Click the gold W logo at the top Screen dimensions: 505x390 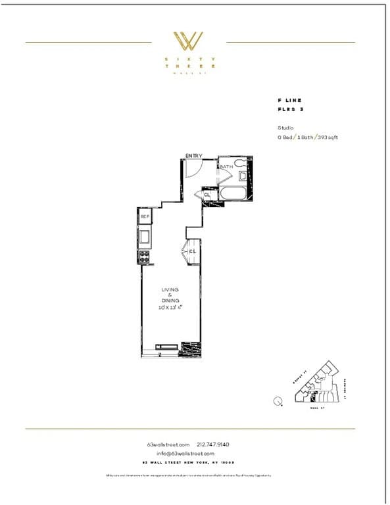click(189, 41)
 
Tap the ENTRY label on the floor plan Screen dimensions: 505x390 click(193, 156)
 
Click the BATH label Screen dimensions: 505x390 click(226, 167)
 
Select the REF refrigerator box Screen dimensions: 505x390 click(145, 216)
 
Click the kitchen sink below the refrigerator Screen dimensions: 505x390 click(145, 235)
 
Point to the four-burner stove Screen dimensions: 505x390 click(145, 256)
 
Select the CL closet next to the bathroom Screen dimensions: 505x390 click(207, 195)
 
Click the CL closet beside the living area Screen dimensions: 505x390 click(193, 251)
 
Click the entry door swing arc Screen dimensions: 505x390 click(193, 168)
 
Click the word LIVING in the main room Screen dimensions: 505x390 click(170, 289)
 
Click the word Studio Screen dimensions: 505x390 click(285, 128)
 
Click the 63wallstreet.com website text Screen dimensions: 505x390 click(168, 445)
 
